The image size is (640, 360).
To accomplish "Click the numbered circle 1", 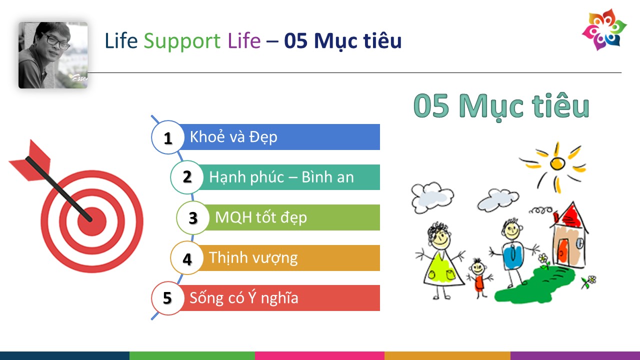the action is [x=168, y=137].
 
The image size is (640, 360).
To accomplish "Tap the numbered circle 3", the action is [x=193, y=217].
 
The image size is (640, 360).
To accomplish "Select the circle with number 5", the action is [x=168, y=298].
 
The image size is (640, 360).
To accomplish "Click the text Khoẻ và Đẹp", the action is [x=233, y=137].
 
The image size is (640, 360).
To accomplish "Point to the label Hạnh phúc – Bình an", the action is [x=281, y=177].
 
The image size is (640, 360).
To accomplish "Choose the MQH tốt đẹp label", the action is [x=261, y=217].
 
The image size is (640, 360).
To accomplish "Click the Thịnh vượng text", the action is [x=253, y=257].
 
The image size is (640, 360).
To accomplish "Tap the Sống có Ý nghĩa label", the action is [x=244, y=297].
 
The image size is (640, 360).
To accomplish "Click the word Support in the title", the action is [x=182, y=41].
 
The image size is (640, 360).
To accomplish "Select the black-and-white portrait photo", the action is [x=53, y=55].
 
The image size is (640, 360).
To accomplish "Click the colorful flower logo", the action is [x=604, y=29].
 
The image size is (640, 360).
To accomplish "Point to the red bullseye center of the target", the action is [x=92, y=221].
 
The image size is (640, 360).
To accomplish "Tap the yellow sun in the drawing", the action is [x=557, y=163].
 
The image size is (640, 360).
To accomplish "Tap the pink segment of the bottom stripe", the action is [x=319, y=355].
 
